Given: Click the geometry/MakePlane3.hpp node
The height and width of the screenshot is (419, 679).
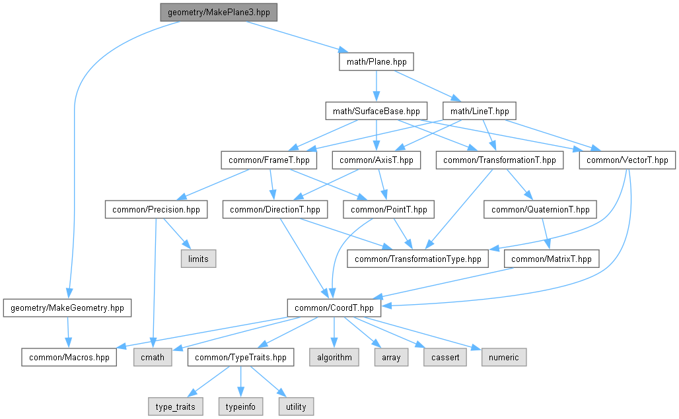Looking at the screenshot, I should (219, 12).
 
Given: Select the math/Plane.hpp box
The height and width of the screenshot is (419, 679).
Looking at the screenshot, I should (376, 62).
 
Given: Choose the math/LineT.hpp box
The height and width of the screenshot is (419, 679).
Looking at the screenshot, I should (480, 111).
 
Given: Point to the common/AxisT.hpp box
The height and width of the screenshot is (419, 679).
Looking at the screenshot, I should (376, 160).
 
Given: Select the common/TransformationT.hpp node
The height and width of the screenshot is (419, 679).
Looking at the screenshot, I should (500, 160).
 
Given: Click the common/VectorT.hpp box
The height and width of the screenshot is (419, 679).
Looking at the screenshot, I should (627, 160).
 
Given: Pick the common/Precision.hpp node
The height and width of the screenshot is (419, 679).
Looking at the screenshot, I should (156, 210).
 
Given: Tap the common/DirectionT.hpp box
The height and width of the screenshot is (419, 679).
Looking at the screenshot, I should (275, 210).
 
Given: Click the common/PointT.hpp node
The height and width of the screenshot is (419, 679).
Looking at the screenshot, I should (389, 210).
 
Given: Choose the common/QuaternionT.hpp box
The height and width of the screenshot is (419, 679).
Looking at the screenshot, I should (540, 210).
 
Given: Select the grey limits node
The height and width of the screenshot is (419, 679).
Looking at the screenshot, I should (198, 259).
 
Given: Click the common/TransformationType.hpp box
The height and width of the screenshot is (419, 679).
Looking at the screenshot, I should (418, 259).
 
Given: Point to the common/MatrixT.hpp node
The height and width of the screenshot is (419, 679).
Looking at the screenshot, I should (552, 259).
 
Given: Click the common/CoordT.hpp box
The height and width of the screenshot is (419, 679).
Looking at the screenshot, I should (334, 307).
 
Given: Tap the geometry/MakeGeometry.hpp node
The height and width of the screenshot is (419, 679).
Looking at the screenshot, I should (67, 307).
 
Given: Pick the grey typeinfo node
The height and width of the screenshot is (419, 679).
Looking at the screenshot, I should (240, 406).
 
